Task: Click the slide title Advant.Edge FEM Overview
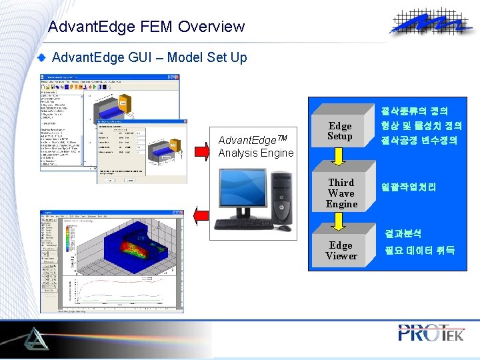[147, 27]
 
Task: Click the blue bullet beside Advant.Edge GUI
[42, 58]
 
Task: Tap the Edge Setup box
[339, 131]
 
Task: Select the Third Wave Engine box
[341, 193]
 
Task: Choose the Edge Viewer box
[341, 251]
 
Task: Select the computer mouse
[285, 228]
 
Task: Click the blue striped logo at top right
[427, 25]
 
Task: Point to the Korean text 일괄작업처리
[408, 188]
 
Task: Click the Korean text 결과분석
[402, 234]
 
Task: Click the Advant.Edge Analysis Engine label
[255, 147]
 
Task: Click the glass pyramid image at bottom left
[29, 337]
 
